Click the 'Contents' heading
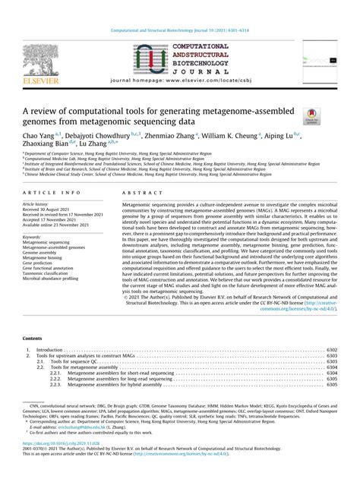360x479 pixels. (33, 339)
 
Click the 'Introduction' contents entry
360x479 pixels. (51, 350)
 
